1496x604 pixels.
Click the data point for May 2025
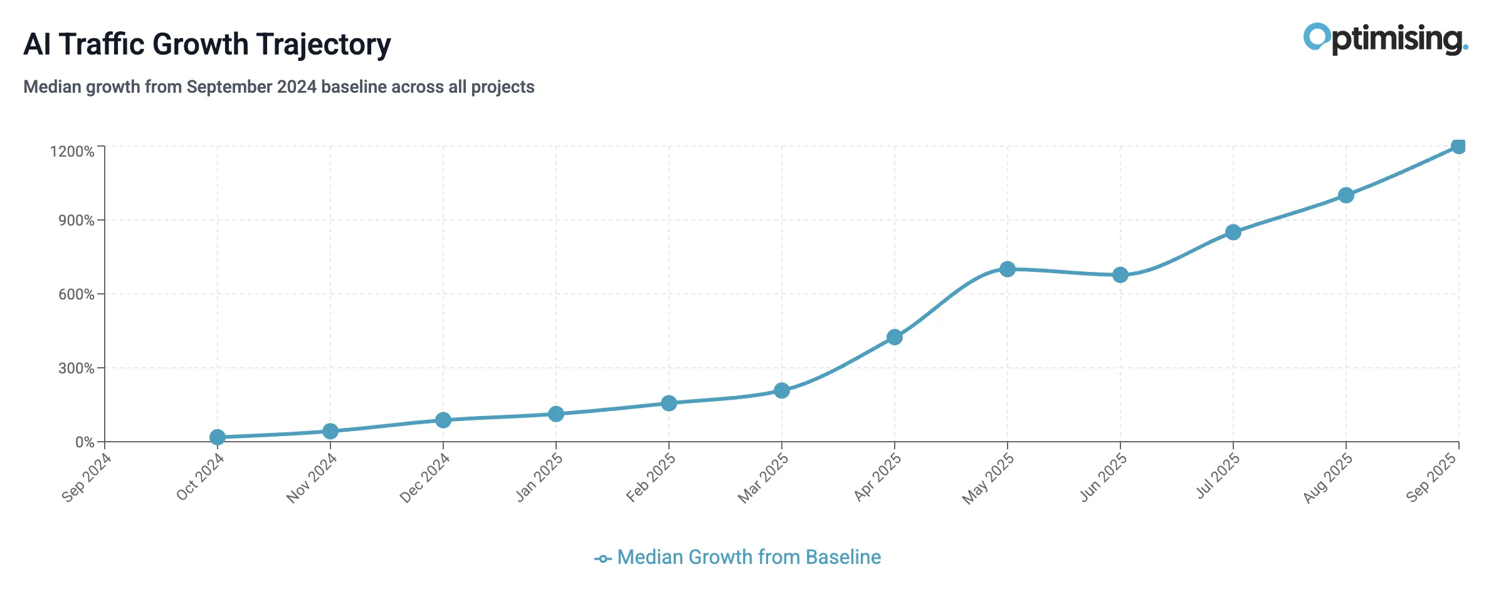tap(1007, 269)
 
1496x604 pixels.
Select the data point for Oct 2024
tap(218, 437)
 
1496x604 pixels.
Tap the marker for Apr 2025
tap(895, 337)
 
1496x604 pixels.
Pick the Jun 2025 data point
tap(1120, 275)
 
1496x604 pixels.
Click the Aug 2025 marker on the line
tap(1346, 195)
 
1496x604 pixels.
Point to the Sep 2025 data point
tap(1458, 147)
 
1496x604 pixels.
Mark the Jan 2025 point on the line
tap(556, 414)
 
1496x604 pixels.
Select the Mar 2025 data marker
tap(781, 391)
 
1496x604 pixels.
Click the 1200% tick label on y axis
tap(72, 152)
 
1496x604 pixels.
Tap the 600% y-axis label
tap(76, 294)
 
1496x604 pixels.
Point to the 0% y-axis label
tap(85, 442)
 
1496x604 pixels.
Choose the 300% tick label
tap(76, 368)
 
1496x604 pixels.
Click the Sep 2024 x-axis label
tap(87, 477)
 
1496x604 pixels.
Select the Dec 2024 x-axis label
tap(425, 477)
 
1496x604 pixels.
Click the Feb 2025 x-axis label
tap(651, 477)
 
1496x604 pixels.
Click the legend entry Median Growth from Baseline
tap(748, 557)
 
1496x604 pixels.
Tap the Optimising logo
tap(1385, 39)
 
